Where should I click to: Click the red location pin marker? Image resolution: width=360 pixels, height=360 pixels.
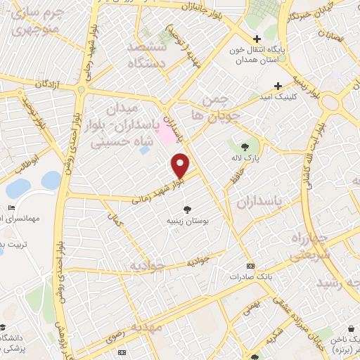tap(181, 165)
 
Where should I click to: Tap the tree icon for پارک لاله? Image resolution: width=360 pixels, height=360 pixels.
tap(245, 147)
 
